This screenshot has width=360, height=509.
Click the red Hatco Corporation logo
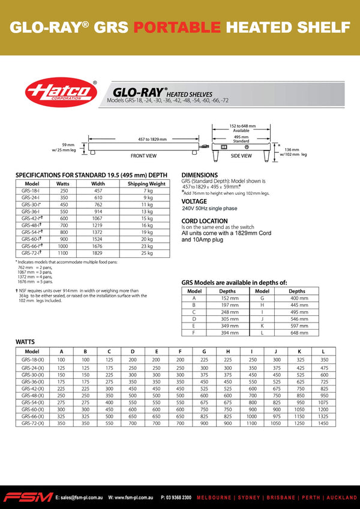[61, 93]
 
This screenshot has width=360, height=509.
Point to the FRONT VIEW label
[143, 155]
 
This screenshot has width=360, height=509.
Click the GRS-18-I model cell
[32, 191]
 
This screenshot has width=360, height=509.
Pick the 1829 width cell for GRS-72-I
[98, 252]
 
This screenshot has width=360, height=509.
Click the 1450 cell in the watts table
[324, 423]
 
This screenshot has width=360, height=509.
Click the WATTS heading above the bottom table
[25, 342]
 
